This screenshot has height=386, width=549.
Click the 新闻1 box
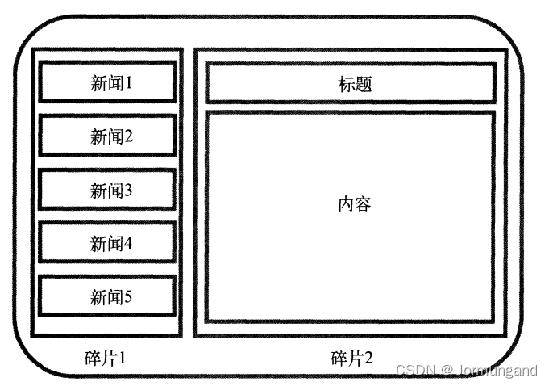click(106, 82)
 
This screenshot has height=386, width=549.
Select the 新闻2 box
click(106, 136)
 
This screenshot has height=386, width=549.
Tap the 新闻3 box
click(106, 191)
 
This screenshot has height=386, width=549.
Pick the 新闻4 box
click(106, 243)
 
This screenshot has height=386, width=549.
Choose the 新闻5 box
click(106, 296)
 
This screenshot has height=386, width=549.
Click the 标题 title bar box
click(350, 83)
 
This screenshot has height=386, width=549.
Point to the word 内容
click(355, 203)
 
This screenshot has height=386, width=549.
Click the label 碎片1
click(106, 357)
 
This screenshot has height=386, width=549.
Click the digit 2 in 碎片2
click(368, 357)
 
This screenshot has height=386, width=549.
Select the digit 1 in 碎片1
click(122, 357)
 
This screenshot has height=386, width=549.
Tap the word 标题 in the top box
click(355, 83)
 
